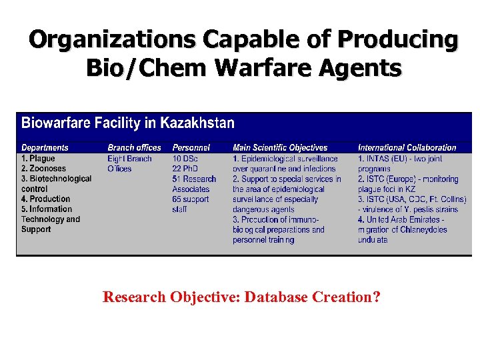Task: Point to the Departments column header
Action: point(45,147)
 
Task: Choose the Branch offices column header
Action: point(134,147)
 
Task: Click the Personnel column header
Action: point(191,147)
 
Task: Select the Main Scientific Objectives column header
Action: point(280,147)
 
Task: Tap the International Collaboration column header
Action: point(407,147)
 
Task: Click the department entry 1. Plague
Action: point(38,159)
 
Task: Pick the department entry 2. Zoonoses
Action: point(43,169)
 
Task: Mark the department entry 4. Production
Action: point(45,199)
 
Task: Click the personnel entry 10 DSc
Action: point(185,159)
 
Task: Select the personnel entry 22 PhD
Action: point(185,169)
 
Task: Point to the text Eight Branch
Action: point(129,159)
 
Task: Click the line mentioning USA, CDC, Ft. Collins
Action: point(408,199)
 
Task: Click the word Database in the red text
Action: point(273,297)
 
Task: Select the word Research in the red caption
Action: point(133,297)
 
